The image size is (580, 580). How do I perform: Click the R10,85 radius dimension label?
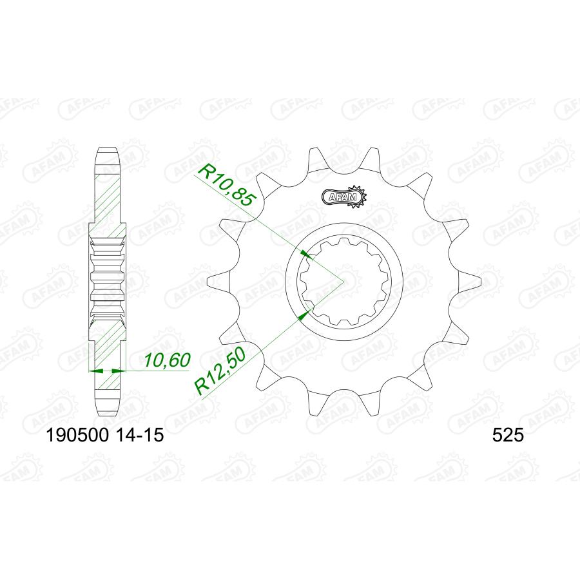tap(227, 185)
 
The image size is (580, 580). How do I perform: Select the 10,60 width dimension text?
tap(167, 360)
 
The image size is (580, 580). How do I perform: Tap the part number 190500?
tap(77, 436)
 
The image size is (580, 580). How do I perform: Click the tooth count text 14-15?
tap(139, 436)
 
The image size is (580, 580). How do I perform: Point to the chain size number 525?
tap(508, 436)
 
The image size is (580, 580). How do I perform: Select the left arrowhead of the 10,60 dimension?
tap(96, 371)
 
